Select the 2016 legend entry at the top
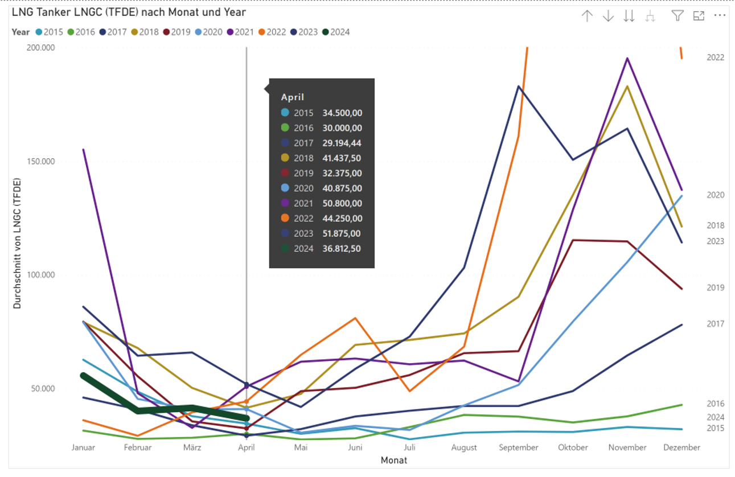[81, 32]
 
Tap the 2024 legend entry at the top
[336, 32]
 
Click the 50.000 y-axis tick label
[42, 389]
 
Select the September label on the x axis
[518, 447]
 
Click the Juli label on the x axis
[410, 447]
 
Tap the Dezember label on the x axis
[681, 447]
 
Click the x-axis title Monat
[394, 460]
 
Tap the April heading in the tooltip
[293, 97]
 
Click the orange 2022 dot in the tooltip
[285, 219]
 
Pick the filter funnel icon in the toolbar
[677, 16]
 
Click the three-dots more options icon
[720, 16]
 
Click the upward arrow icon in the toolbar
[587, 16]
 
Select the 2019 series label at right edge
[716, 287]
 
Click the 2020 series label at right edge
[716, 195]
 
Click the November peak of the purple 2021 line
[627, 58]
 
